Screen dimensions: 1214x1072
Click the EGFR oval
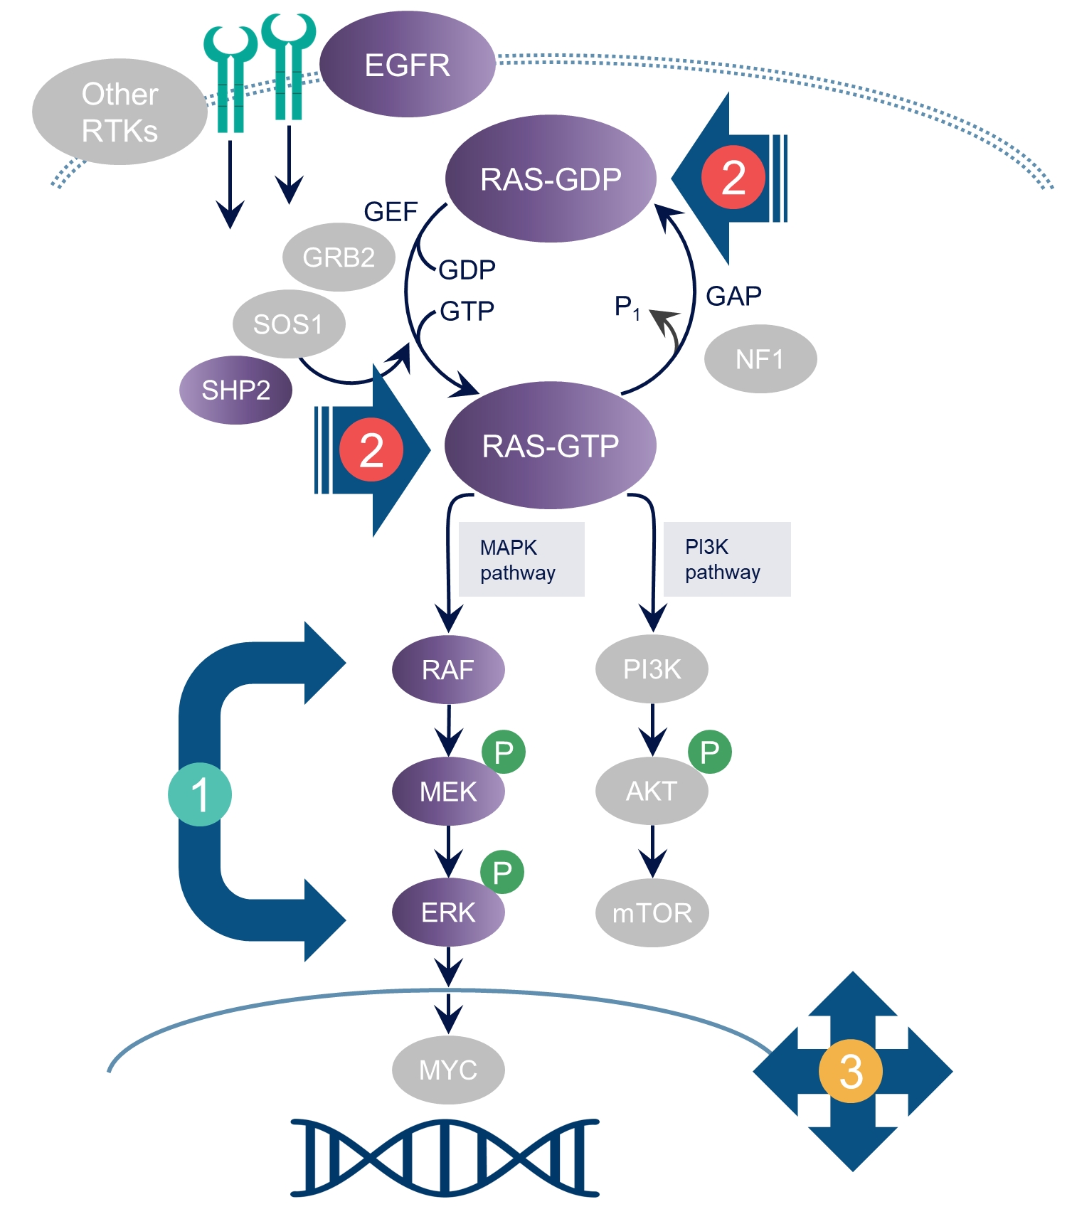[407, 65]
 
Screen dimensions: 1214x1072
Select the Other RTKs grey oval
[120, 112]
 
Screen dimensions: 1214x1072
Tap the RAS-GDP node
[550, 179]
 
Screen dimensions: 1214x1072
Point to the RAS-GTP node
[550, 445]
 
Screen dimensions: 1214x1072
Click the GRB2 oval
[339, 257]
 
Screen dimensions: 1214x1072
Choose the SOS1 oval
[288, 324]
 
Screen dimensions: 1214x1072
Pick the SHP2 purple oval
[235, 390]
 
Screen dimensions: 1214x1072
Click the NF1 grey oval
[760, 359]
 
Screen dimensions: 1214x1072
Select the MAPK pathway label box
[521, 560]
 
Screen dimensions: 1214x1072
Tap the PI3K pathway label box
[726, 559]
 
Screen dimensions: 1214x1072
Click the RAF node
[448, 669]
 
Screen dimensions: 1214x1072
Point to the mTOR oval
[652, 912]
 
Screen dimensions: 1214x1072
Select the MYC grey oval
[448, 1070]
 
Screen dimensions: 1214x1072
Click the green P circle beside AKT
[709, 752]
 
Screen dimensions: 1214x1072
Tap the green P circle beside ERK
[502, 872]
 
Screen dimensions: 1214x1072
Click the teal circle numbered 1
[200, 794]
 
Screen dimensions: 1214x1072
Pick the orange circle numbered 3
[851, 1071]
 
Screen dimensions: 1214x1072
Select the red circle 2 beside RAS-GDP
[733, 177]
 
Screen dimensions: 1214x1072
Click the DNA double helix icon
[445, 1157]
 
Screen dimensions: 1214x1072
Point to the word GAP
[733, 296]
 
